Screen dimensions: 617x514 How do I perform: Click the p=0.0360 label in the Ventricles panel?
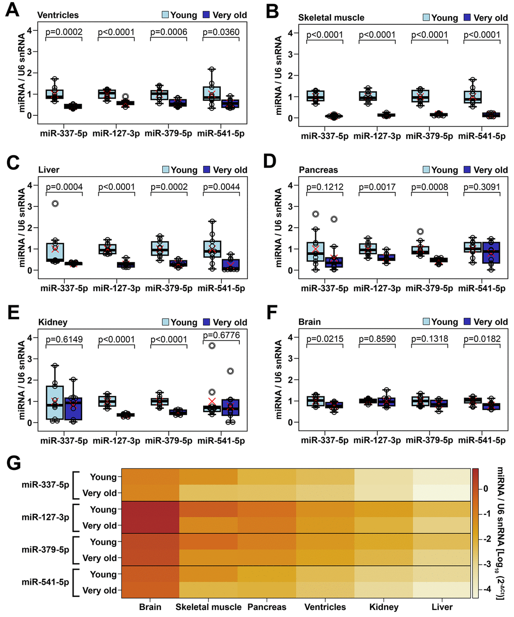click(221, 32)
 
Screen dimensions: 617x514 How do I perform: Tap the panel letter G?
click(14, 462)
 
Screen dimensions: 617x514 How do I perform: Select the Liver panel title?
click(48, 170)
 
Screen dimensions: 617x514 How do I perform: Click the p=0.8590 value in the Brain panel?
click(377, 339)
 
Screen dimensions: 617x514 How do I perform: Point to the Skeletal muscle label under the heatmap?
click(209, 607)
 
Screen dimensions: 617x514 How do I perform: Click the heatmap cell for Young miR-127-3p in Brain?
click(150, 509)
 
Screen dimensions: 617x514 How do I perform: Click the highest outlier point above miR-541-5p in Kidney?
click(213, 346)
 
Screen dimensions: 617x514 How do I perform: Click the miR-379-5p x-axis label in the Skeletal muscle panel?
click(430, 136)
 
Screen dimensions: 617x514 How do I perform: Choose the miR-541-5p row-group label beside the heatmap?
click(45, 582)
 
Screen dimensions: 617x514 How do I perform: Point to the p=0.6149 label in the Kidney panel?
click(64, 340)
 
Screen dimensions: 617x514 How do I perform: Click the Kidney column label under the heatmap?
click(383, 607)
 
